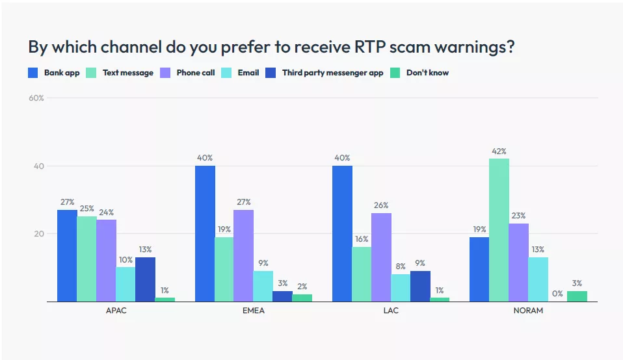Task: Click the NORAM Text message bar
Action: pyautogui.click(x=499, y=230)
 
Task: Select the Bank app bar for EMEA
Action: pyautogui.click(x=205, y=234)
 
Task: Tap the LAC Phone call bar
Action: pyautogui.click(x=381, y=257)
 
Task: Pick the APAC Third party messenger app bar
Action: pyautogui.click(x=145, y=279)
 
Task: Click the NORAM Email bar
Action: pyautogui.click(x=538, y=279)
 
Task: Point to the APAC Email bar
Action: pyautogui.click(x=126, y=285)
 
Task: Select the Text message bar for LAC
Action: pyautogui.click(x=362, y=274)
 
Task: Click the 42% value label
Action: pyautogui.click(x=499, y=151)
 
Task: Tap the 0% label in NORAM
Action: pyautogui.click(x=557, y=294)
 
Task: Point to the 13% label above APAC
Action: pyautogui.click(x=145, y=250)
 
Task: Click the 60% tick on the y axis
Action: pyautogui.click(x=36, y=98)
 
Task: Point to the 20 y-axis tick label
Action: pyautogui.click(x=38, y=234)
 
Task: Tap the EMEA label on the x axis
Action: pyautogui.click(x=253, y=311)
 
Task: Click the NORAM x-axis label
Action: pyautogui.click(x=527, y=311)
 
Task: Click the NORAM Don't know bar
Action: pyautogui.click(x=577, y=296)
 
